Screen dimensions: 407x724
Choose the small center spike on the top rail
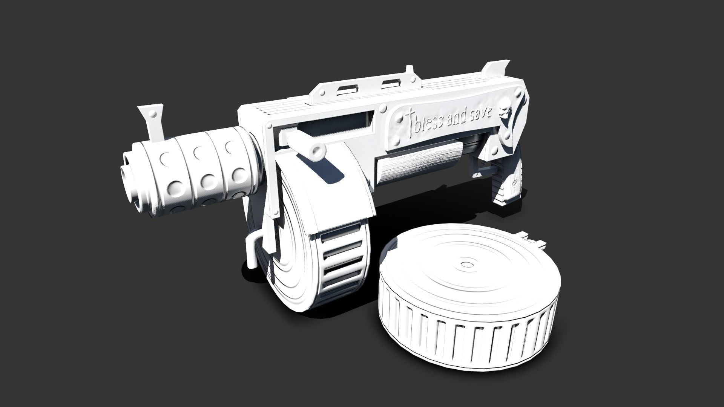point(408,70)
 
